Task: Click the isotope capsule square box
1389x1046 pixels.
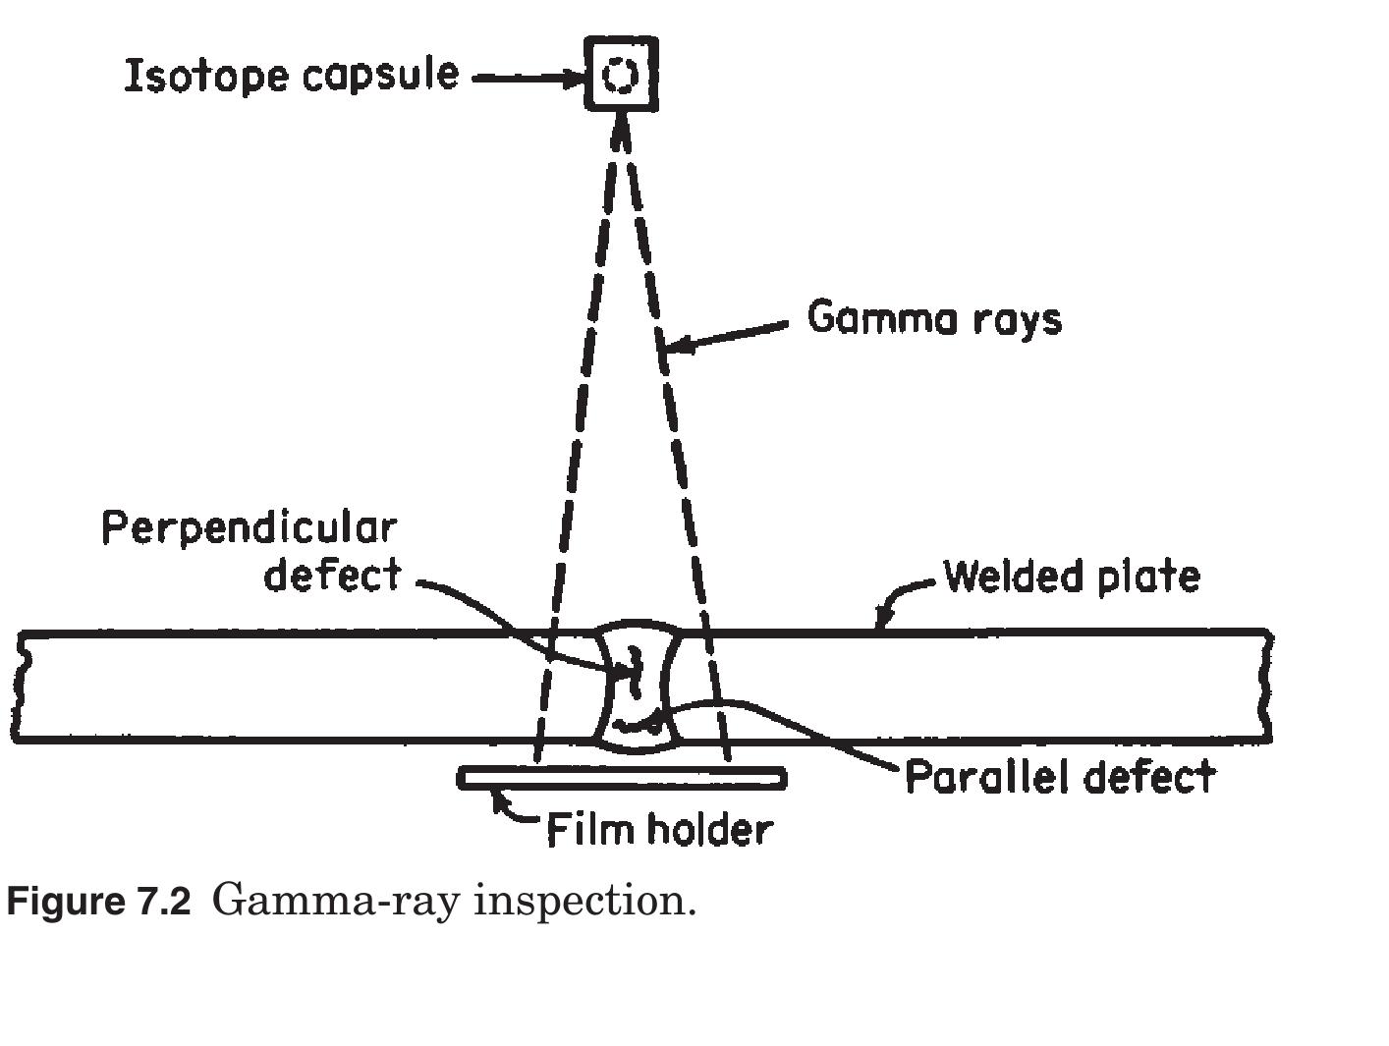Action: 621,74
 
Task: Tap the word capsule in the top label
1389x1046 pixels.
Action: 380,76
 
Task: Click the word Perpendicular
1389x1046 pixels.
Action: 250,529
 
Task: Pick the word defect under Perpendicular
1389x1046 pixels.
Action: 332,575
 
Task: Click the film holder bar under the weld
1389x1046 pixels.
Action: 622,778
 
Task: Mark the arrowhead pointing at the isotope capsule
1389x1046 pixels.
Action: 574,79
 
